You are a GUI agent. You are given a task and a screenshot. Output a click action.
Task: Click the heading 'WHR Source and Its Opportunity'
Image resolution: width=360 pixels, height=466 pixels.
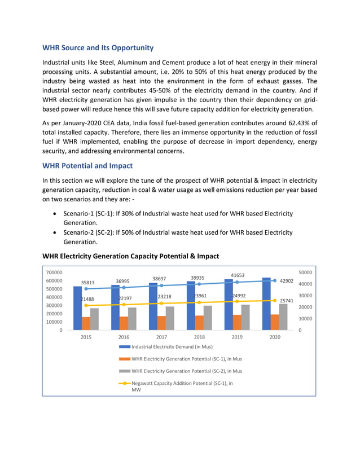pyautogui.click(x=98, y=47)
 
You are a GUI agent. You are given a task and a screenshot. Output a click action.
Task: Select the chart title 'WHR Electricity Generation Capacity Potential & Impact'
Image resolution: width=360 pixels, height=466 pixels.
pyautogui.click(x=130, y=256)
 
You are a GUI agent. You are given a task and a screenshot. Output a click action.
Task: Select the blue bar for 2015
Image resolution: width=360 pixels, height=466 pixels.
pyautogui.click(x=77, y=308)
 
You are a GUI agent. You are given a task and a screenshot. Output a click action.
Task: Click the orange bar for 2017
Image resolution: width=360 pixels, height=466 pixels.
pyautogui.click(x=161, y=323)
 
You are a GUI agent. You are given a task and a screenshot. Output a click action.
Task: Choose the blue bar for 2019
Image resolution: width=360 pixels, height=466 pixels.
pyautogui.click(x=229, y=305)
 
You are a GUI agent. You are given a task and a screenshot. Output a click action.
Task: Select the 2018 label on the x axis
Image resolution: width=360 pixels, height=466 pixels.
pyautogui.click(x=199, y=337)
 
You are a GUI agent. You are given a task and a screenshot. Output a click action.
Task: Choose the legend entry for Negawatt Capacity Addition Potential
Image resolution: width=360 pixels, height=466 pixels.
pyautogui.click(x=182, y=383)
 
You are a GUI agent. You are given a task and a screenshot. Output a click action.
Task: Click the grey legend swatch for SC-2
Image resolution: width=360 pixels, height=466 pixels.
pyautogui.click(x=124, y=371)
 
